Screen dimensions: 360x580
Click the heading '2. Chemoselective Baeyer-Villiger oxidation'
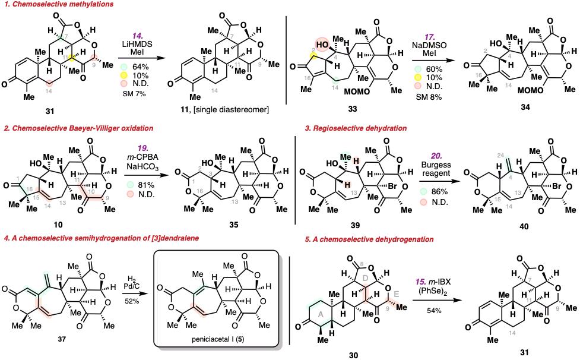78,128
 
